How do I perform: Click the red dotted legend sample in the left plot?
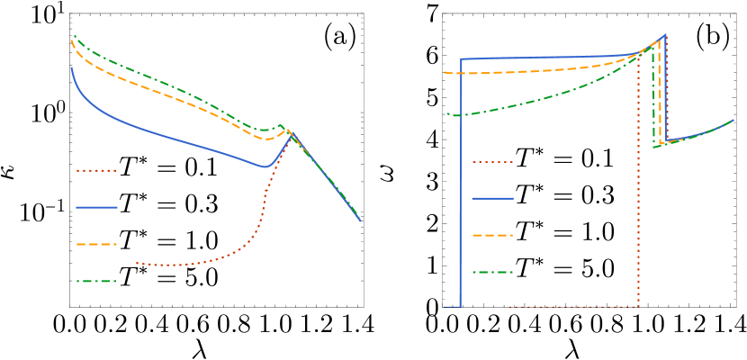(96, 170)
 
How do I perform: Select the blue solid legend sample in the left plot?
(96, 207)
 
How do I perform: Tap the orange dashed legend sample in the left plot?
(96, 244)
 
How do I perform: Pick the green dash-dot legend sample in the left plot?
(96, 281)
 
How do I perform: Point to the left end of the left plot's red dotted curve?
(137, 264)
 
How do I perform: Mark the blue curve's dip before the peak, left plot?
(265, 166)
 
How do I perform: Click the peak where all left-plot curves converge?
(290, 132)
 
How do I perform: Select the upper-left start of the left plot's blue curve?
(72, 68)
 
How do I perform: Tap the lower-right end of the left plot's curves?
(360, 220)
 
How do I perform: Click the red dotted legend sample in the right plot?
(492, 162)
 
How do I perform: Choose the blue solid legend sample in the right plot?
(492, 198)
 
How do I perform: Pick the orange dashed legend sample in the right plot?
(492, 235)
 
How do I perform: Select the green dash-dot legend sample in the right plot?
(492, 272)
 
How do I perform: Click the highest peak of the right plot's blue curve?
(665, 35)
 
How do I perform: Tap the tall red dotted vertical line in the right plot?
(638, 180)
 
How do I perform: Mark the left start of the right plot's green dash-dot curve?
(449, 114)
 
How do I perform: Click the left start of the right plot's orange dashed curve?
(445, 72)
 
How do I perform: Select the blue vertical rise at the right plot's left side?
(461, 180)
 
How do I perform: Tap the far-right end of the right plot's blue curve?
(733, 120)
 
